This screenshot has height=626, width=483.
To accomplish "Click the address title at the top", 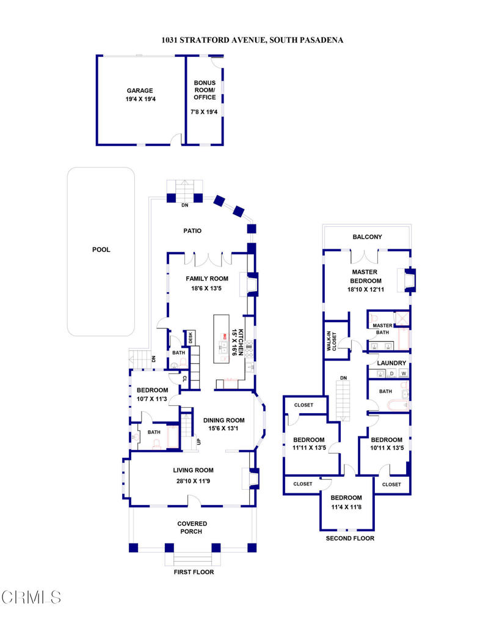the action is [x=252, y=40].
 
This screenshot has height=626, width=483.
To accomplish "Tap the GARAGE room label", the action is [x=140, y=90].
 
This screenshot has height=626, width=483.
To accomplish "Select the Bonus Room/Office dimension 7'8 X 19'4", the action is [x=204, y=112].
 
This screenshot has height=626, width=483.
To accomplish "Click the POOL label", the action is [x=101, y=249].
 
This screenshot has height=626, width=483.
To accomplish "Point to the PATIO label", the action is [x=192, y=230].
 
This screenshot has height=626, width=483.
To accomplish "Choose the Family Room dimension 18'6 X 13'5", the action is [x=206, y=289].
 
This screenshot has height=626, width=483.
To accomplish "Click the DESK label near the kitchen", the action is [x=191, y=337].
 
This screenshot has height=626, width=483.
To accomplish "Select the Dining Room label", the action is [x=223, y=420].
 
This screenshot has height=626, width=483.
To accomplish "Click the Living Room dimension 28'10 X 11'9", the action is [x=193, y=481].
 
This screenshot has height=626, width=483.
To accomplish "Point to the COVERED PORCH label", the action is [x=192, y=528].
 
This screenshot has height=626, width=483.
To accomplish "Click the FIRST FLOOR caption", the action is [x=194, y=572].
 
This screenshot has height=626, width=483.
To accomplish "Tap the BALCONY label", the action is [x=367, y=237].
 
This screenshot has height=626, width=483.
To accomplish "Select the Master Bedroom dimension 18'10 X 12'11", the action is [x=366, y=289].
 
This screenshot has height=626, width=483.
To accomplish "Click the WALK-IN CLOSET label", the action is [x=332, y=341].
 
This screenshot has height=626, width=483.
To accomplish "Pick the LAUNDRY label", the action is [x=391, y=363].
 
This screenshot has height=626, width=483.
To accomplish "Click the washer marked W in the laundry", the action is [x=404, y=374].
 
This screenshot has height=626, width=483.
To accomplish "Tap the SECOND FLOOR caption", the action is [x=350, y=538].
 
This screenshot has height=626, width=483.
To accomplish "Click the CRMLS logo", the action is [x=31, y=597].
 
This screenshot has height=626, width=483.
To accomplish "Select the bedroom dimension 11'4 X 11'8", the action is [x=346, y=507].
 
